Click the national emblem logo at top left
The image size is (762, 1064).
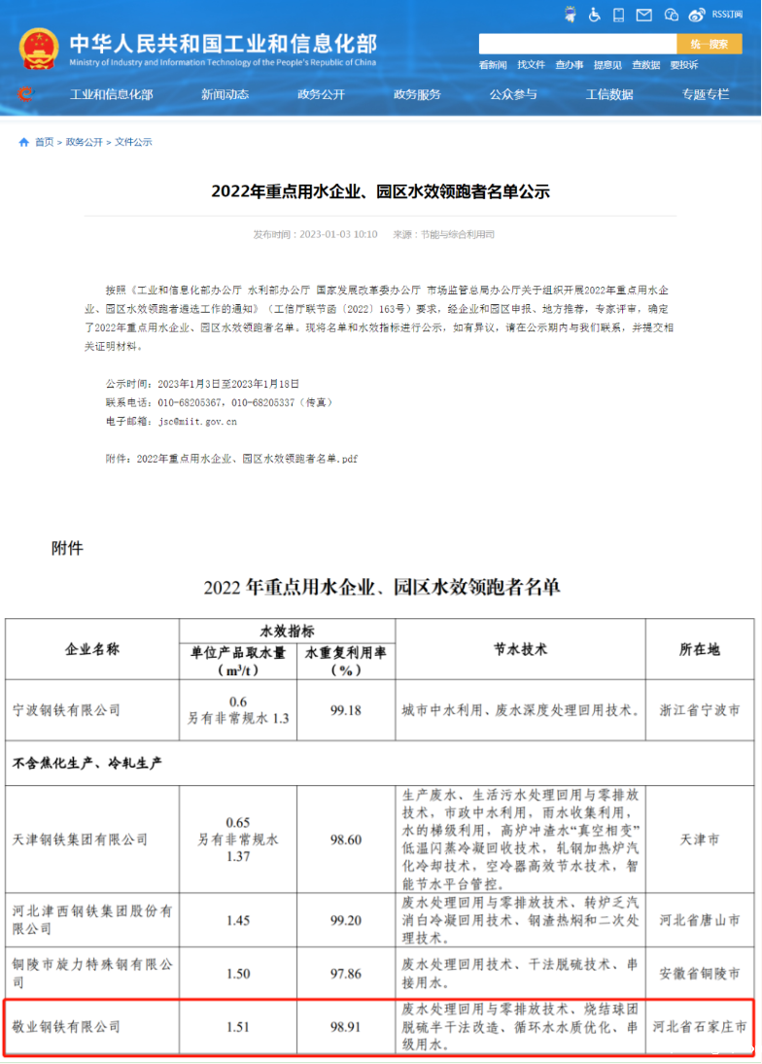[38, 49]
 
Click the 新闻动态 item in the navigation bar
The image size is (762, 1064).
[225, 94]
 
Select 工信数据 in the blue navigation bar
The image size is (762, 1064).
[609, 94]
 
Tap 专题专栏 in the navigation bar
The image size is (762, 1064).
[705, 94]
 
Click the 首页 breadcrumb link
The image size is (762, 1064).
[44, 142]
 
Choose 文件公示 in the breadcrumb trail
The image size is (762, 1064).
[133, 142]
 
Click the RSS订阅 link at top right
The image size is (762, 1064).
[727, 15]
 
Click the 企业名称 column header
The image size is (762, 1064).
[92, 649]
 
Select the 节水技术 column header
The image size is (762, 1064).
[521, 649]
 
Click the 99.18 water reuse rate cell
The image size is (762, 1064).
[345, 710]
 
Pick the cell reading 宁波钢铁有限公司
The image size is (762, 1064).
[66, 710]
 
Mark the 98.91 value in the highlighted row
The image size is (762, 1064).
[345, 1026]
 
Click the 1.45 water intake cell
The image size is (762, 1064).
[237, 918]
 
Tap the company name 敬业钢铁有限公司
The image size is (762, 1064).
[66, 1026]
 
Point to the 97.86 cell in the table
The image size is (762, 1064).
[345, 973]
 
